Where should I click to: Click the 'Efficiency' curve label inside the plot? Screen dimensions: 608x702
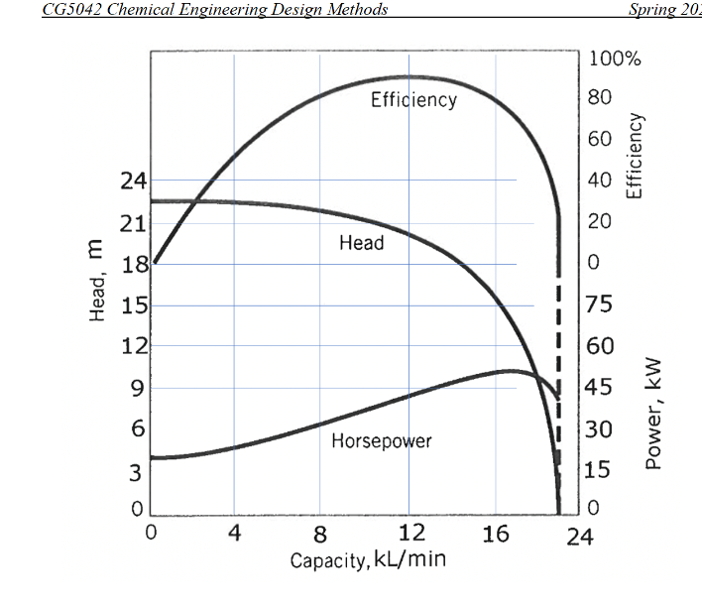[x=413, y=100]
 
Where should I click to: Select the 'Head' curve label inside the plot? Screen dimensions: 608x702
[x=361, y=243]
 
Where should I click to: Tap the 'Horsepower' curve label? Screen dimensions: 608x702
[x=382, y=441]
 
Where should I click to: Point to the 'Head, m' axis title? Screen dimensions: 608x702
[x=97, y=285]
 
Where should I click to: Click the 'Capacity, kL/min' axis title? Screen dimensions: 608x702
[x=368, y=560]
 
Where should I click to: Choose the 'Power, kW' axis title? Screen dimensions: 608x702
[x=653, y=414]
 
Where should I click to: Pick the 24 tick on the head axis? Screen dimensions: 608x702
[x=133, y=182]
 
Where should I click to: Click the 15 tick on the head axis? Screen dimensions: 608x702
[x=134, y=305]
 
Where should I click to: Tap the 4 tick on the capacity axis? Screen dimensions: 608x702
[x=235, y=534]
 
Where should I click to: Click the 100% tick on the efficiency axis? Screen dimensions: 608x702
[x=615, y=58]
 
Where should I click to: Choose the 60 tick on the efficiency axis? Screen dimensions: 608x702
[x=601, y=139]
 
